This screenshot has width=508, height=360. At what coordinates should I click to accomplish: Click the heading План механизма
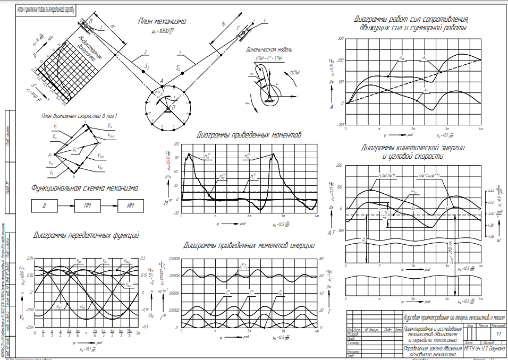click(x=162, y=22)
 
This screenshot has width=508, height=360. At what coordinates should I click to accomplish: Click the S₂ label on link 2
click(x=148, y=67)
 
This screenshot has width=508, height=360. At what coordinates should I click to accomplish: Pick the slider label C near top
click(x=239, y=27)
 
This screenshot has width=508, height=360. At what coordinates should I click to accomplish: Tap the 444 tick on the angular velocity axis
click(x=491, y=189)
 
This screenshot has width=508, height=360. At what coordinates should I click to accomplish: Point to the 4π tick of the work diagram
click(x=480, y=128)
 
